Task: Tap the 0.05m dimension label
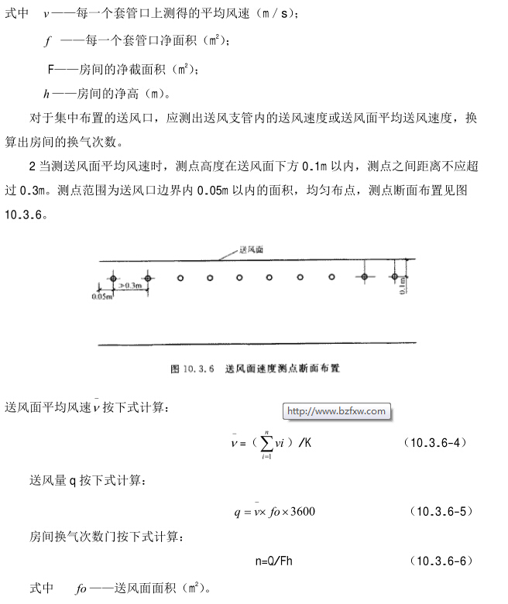tap(101, 295)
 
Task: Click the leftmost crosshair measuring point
tap(114, 277)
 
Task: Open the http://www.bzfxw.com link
tap(335, 411)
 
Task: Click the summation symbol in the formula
tap(266, 443)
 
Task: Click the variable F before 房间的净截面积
tap(51, 69)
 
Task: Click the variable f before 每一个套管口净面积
tap(47, 40)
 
